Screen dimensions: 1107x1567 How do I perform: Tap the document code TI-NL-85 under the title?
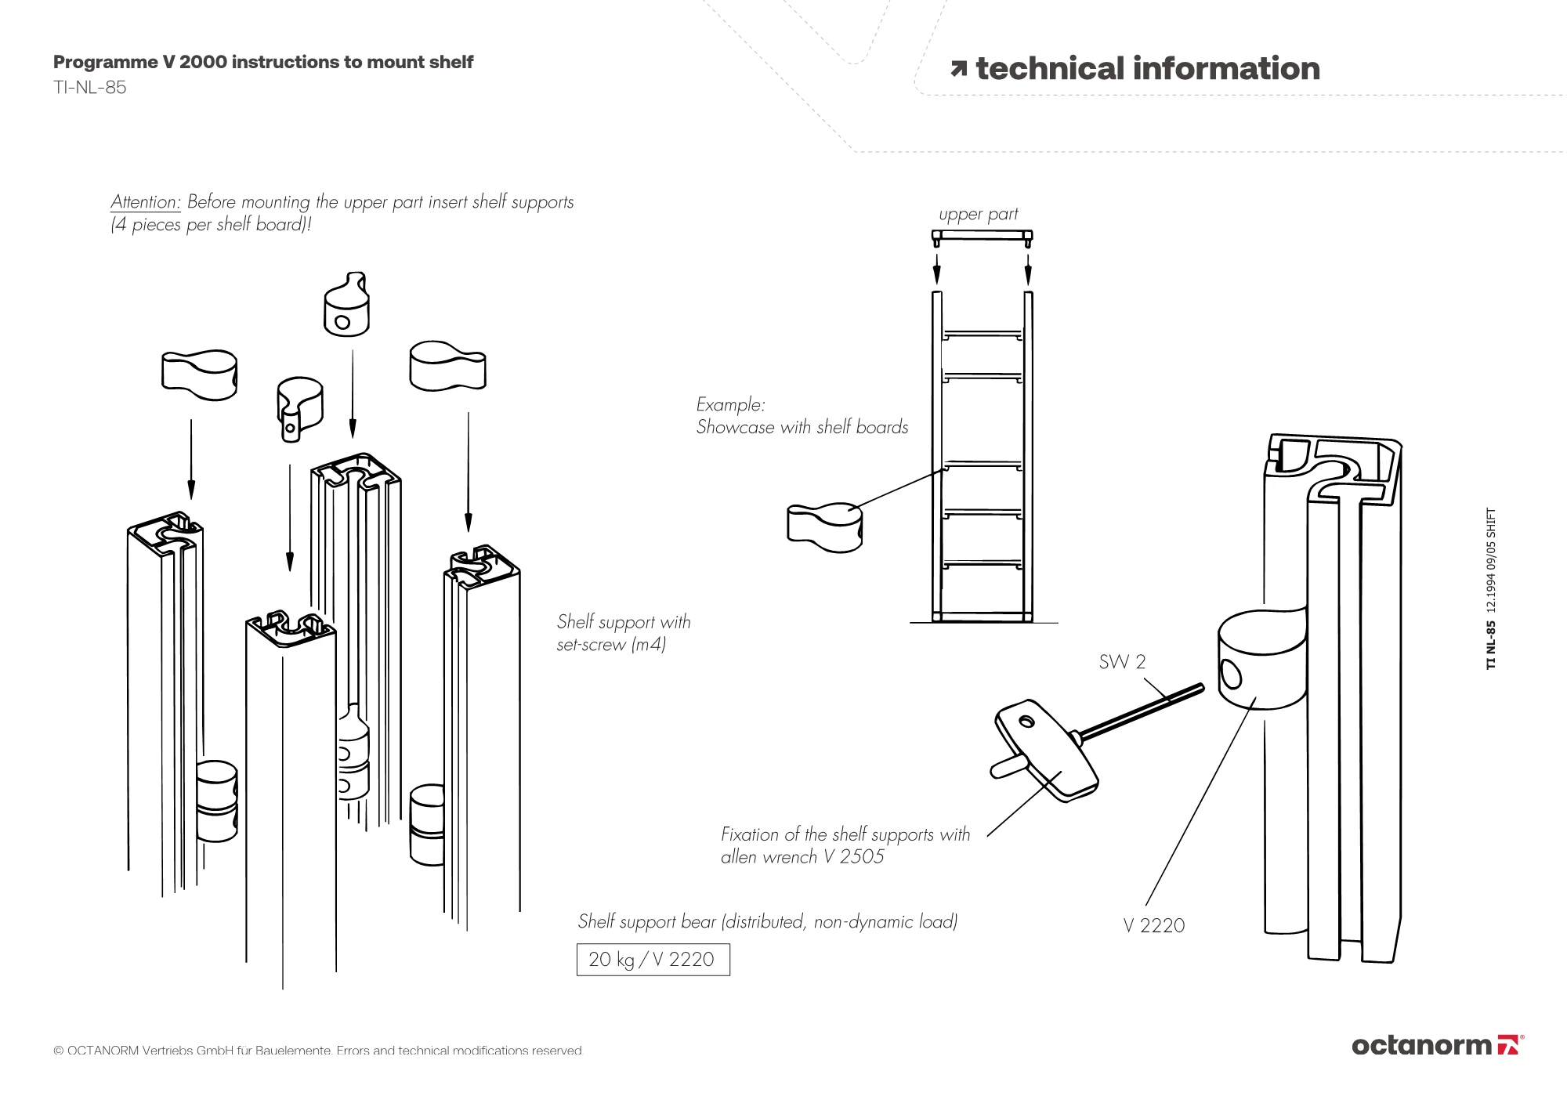point(89,88)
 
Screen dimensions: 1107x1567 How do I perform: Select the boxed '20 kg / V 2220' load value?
point(653,960)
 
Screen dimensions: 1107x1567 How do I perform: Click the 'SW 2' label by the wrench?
point(1122,662)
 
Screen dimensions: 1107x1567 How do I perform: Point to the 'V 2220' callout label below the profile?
point(1153,926)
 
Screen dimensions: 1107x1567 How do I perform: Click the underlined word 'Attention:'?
point(146,202)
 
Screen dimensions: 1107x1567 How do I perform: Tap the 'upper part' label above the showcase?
point(979,214)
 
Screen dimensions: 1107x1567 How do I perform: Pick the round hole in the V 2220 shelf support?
point(1231,674)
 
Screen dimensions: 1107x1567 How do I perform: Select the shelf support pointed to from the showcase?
point(824,527)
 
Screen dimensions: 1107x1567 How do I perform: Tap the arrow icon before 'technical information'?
point(958,70)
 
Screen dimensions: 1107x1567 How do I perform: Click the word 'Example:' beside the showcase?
point(730,405)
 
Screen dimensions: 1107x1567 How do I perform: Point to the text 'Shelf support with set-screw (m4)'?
point(624,633)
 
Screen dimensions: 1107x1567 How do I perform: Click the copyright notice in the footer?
point(318,1051)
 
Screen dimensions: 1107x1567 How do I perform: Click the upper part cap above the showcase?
point(982,235)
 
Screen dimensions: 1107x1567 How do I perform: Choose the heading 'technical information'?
point(1148,69)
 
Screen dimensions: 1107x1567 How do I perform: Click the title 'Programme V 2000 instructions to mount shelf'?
point(263,63)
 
